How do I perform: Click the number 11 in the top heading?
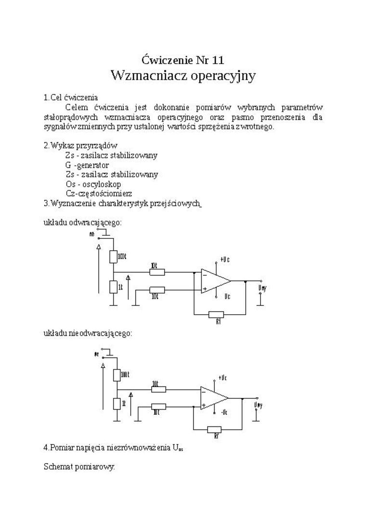coord(217,60)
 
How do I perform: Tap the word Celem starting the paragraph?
coord(77,107)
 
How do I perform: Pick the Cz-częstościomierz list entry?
coord(99,194)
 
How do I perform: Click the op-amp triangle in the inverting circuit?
coord(215,280)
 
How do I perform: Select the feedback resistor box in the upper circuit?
coord(216,315)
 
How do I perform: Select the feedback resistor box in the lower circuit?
coord(214,429)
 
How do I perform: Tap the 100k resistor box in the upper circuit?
coord(113,256)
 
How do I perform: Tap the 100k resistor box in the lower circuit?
coord(117,374)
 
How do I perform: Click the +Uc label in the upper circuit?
coord(224,259)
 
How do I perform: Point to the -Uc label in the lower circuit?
coord(224,412)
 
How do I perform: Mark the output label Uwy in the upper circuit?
coord(262,288)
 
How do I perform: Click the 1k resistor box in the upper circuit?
coord(113,287)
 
